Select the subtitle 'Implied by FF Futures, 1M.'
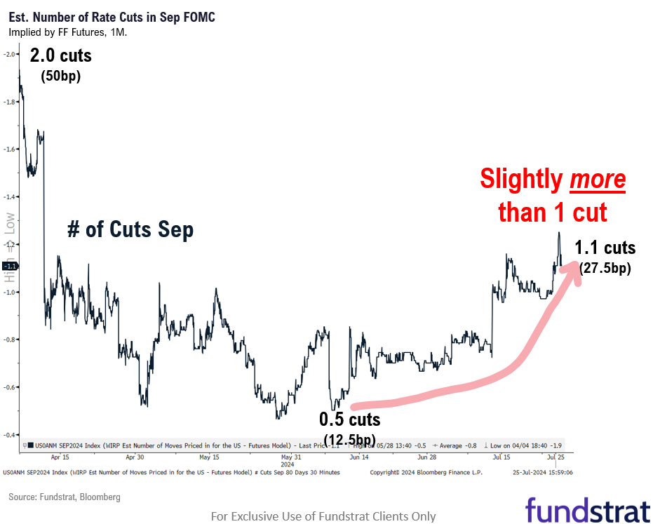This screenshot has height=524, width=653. click(67, 32)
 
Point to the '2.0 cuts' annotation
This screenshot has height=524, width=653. click(60, 55)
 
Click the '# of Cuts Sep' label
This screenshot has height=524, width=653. click(130, 229)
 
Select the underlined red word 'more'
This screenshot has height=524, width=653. click(597, 180)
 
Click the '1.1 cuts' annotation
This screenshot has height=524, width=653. click(605, 248)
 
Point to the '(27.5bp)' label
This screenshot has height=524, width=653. click(605, 267)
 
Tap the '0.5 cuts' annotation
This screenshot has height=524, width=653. click(349, 419)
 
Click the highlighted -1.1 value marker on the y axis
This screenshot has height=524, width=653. click(10, 267)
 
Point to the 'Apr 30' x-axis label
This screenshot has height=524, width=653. click(135, 457)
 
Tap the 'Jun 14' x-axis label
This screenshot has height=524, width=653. click(359, 457)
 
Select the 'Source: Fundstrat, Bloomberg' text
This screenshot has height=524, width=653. click(65, 497)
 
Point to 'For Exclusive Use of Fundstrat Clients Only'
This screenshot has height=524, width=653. click(323, 516)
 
